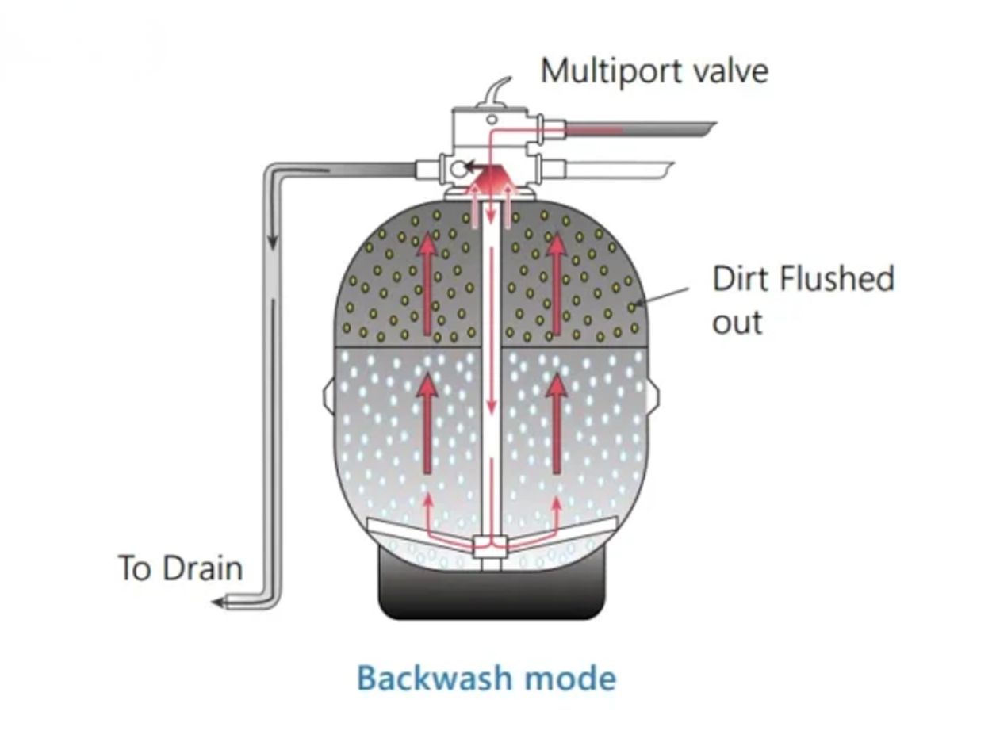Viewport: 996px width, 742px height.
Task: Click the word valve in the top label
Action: click(x=730, y=71)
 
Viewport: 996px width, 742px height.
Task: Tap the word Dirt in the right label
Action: click(x=741, y=279)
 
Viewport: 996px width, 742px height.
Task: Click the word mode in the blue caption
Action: click(x=570, y=679)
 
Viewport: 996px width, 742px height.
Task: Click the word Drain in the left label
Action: click(x=203, y=568)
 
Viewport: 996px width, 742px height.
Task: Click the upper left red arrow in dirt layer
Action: click(x=428, y=282)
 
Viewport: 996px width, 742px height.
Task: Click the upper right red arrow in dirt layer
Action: click(x=557, y=282)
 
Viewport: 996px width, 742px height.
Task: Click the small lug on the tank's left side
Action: click(x=329, y=393)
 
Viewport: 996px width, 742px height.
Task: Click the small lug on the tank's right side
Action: click(x=654, y=393)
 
